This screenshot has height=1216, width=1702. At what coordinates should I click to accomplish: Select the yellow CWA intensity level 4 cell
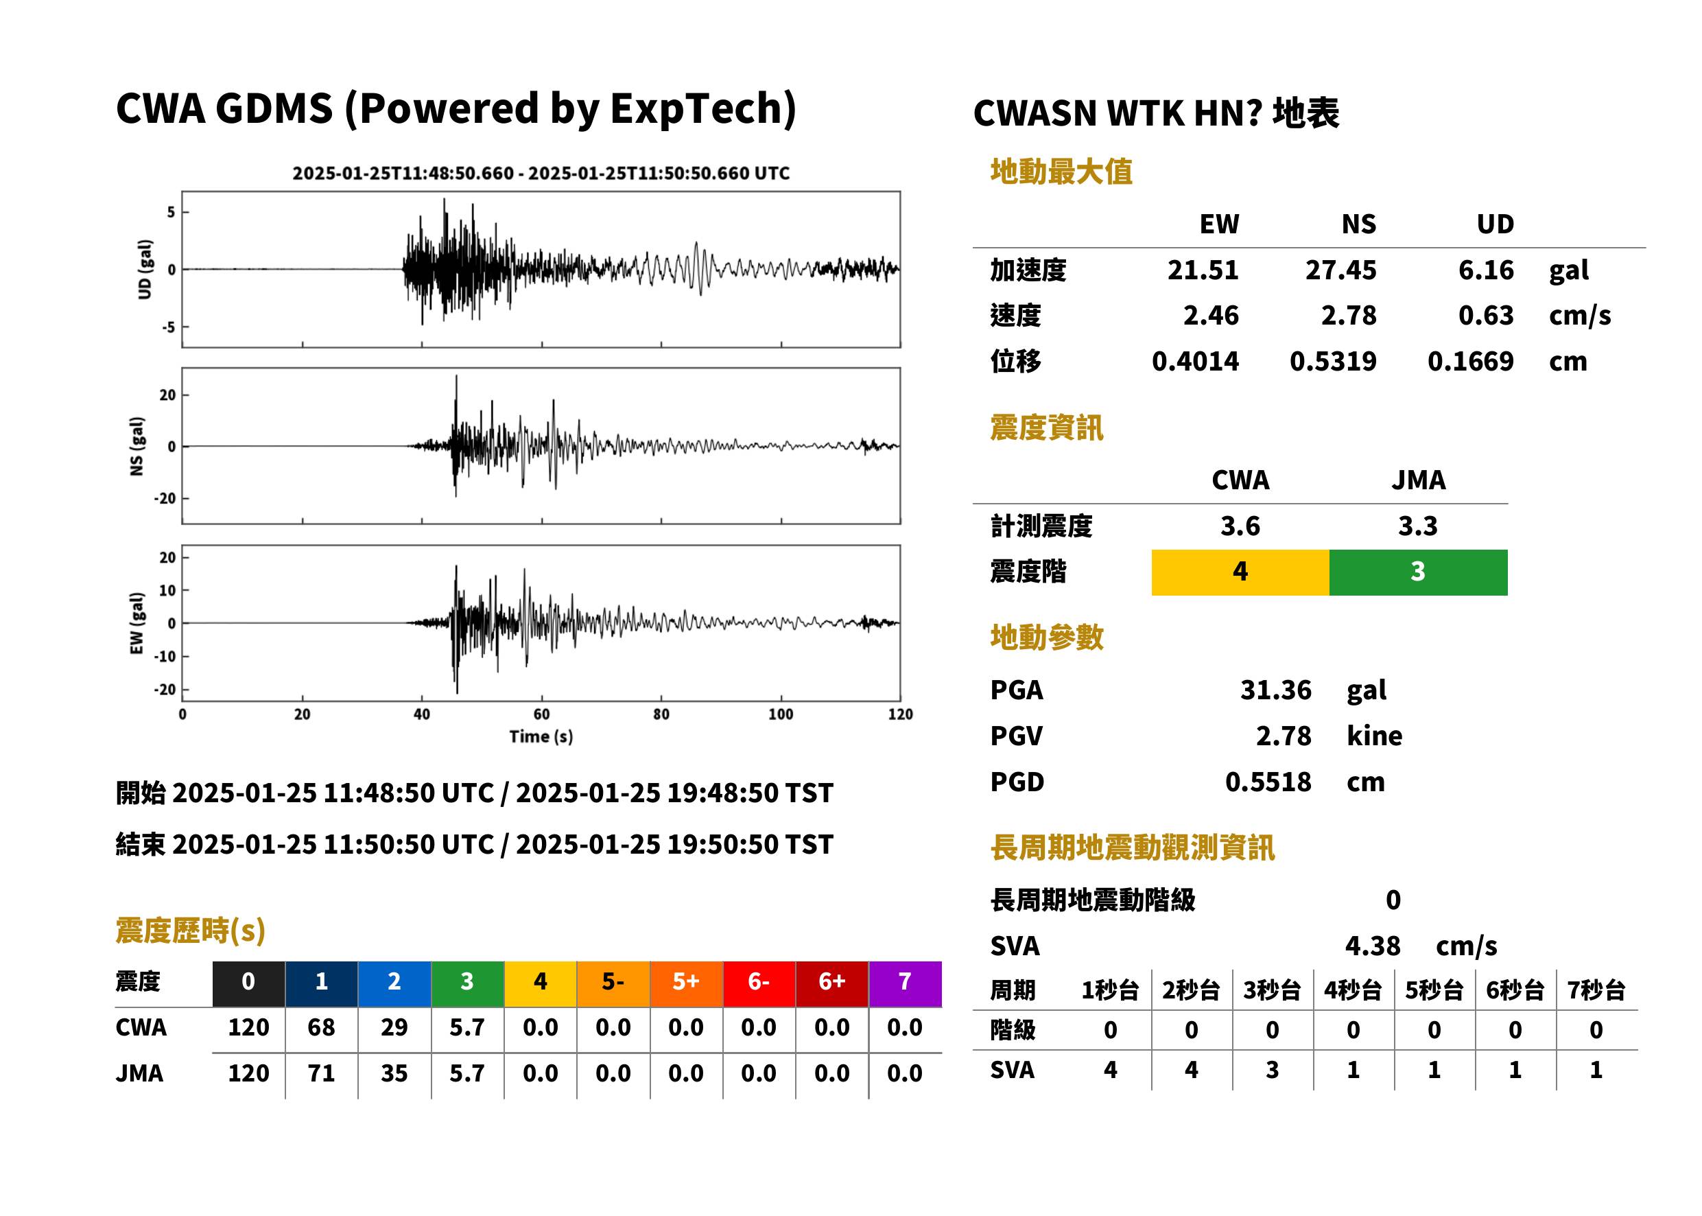point(1240,572)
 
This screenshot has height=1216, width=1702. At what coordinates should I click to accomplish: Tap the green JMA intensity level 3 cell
point(1419,572)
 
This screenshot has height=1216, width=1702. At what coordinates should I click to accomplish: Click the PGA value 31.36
point(1275,690)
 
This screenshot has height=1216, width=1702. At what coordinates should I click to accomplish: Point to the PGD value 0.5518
point(1268,782)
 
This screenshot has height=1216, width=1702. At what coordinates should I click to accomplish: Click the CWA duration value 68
point(321,1027)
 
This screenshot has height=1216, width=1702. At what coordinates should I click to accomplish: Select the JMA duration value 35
point(394,1073)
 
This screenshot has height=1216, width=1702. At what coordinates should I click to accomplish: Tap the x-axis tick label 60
point(541,714)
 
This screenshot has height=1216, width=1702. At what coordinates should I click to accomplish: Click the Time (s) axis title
point(541,737)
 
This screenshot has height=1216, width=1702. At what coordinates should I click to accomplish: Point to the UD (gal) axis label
point(145,270)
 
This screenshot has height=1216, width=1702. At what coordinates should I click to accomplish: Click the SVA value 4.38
point(1372,946)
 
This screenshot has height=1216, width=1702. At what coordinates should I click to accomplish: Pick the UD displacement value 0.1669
point(1470,362)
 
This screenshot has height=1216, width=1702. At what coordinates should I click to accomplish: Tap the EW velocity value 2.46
point(1210,315)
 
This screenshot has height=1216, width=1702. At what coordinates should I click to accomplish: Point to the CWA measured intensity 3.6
point(1240,526)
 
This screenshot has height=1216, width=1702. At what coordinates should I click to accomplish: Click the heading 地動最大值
point(1061,172)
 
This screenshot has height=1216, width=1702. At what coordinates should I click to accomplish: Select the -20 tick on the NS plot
point(165,499)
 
